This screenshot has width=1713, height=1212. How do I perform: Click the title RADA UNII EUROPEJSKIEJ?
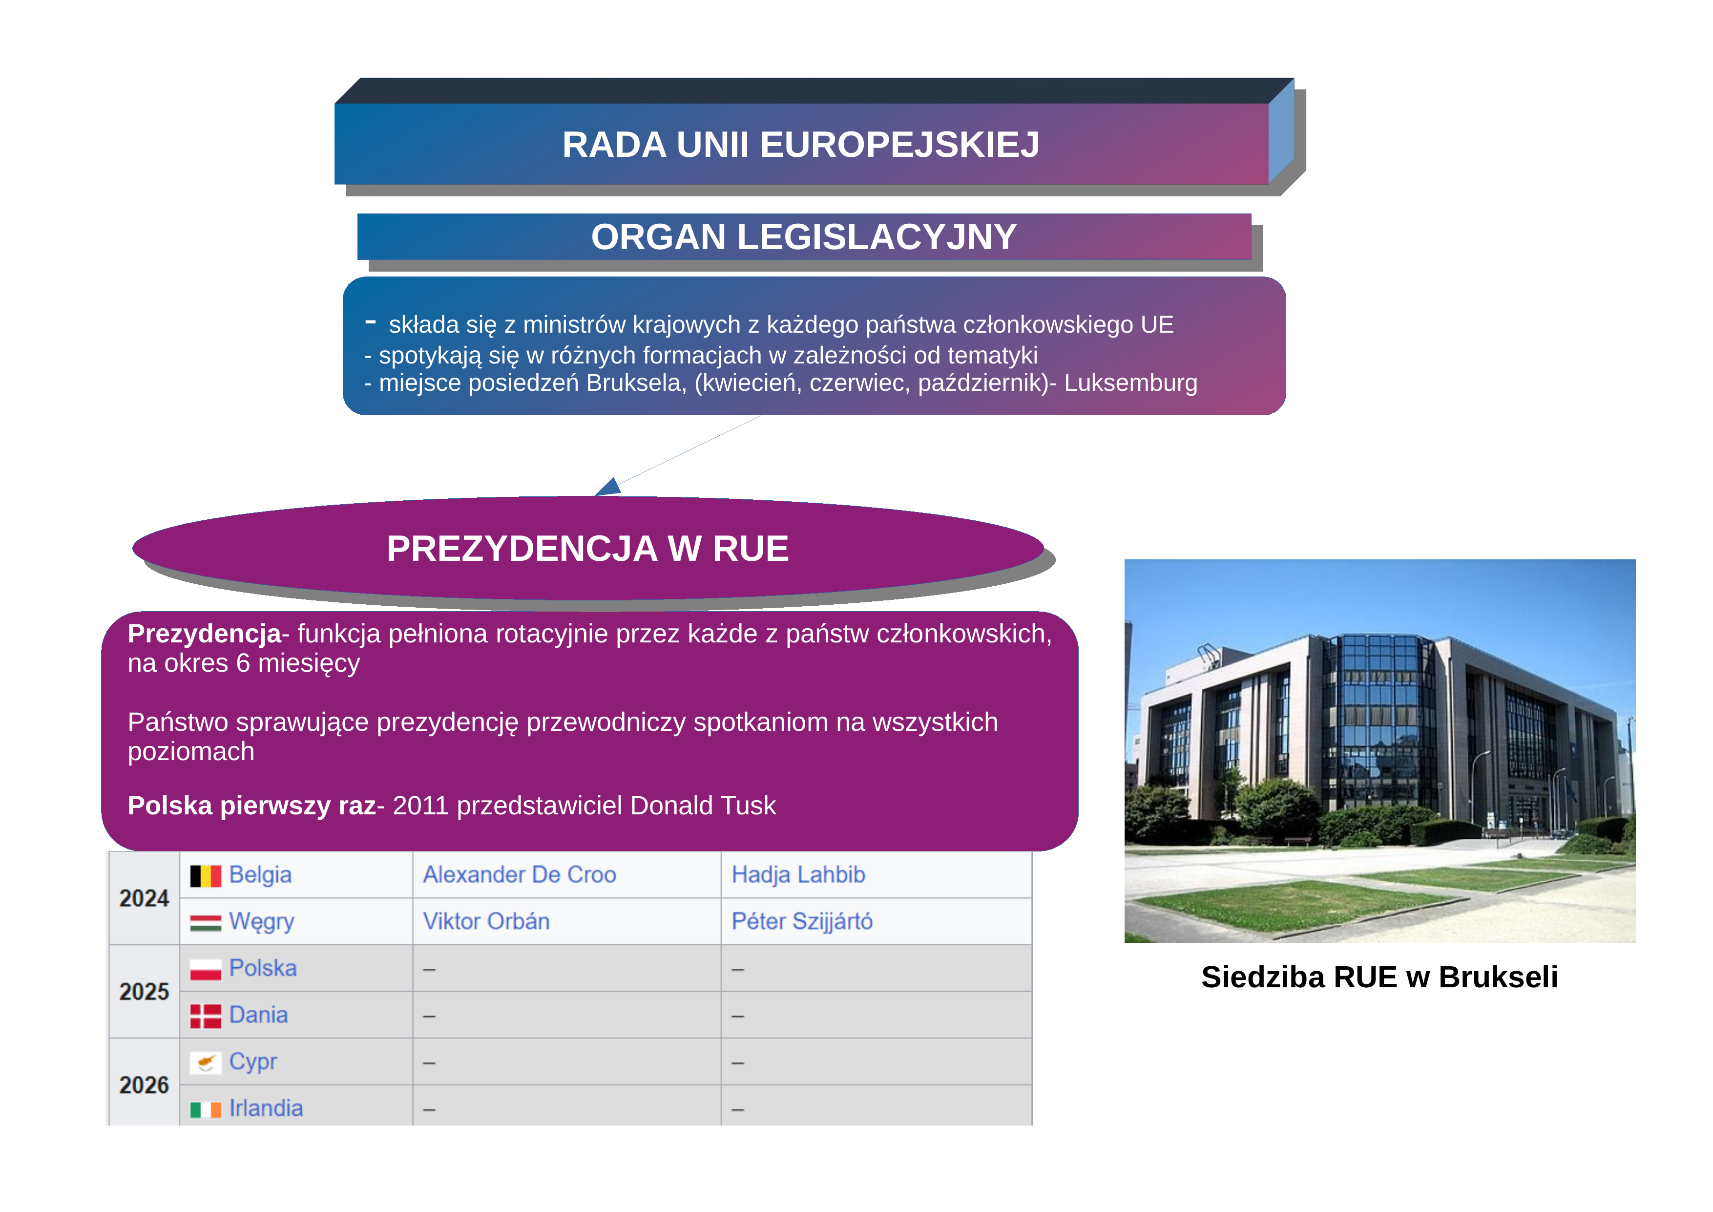pyautogui.click(x=800, y=145)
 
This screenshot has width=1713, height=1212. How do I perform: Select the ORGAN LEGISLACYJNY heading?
pyautogui.click(x=804, y=237)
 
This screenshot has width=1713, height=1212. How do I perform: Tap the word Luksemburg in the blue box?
pyautogui.click(x=1130, y=383)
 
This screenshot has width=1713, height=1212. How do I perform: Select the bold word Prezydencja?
pyautogui.click(x=205, y=634)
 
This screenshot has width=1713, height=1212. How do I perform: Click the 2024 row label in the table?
pyautogui.click(x=144, y=898)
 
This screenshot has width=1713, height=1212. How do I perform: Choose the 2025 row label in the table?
pyautogui.click(x=144, y=992)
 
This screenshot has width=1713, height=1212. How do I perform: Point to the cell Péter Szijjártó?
pyautogui.click(x=802, y=922)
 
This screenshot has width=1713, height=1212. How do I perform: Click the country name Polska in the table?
pyautogui.click(x=263, y=968)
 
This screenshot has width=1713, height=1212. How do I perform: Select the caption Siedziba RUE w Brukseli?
pyautogui.click(x=1379, y=977)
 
